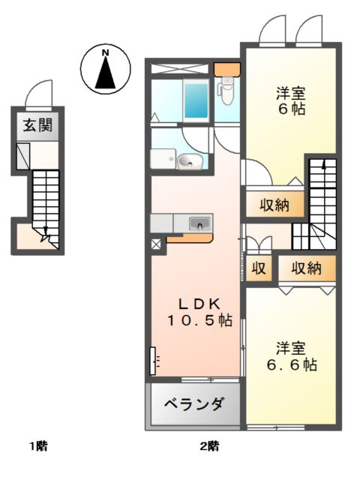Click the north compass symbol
[x=106, y=67]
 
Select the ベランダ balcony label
[x=193, y=406]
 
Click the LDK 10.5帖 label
[x=199, y=313]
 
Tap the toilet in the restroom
[x=226, y=92]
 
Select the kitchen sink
[x=199, y=223]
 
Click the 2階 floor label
[x=209, y=447]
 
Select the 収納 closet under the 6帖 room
[x=265, y=204]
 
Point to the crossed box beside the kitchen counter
[x=156, y=244]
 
